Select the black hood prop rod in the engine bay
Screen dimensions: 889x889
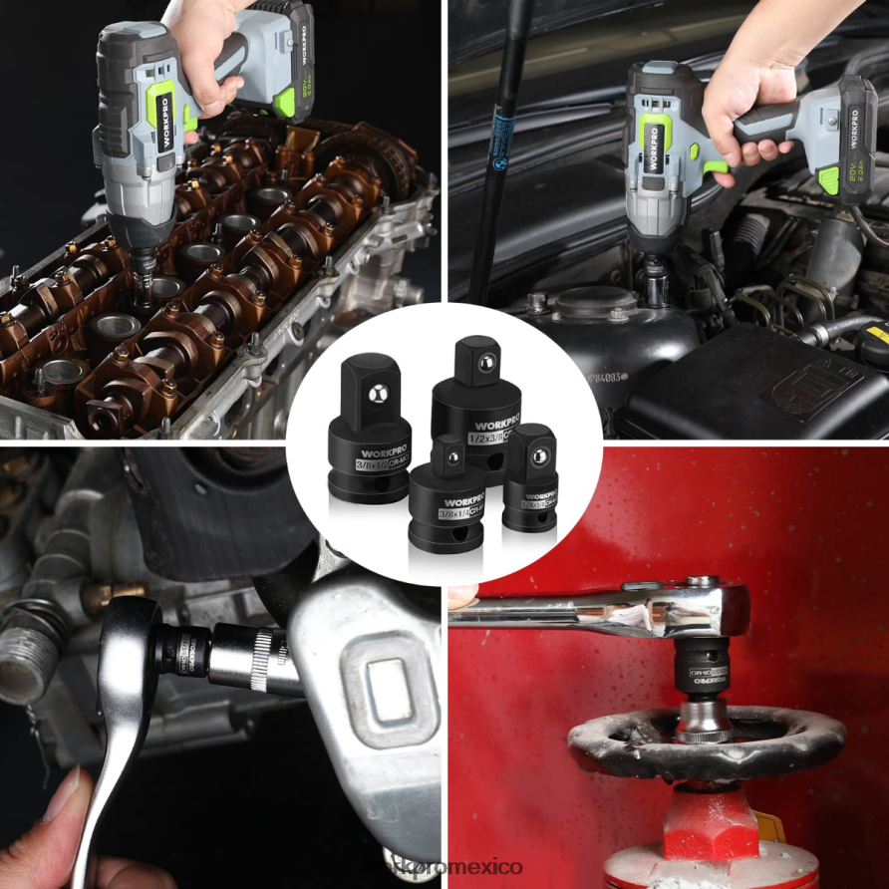(x=498, y=149)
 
